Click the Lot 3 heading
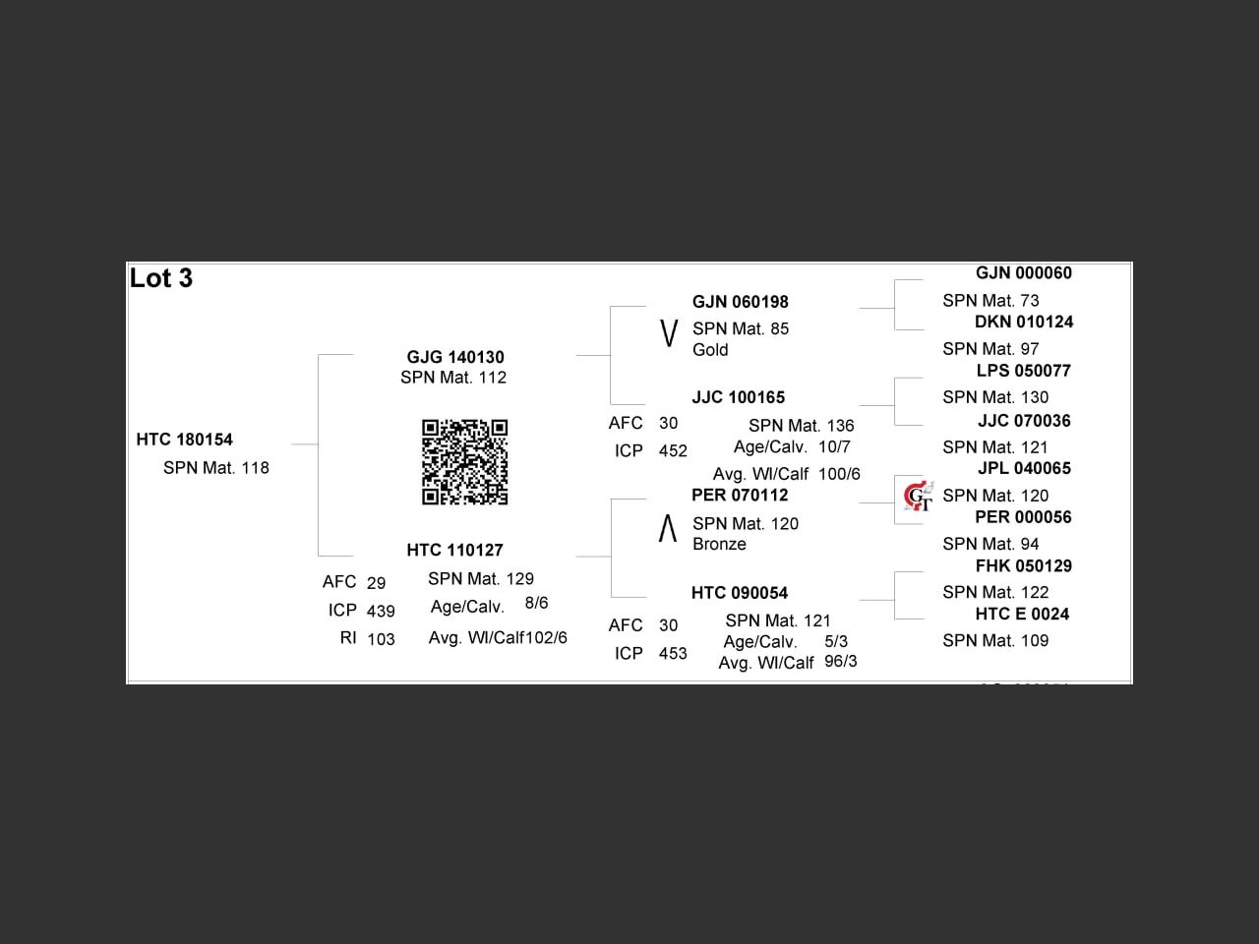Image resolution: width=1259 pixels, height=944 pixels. pos(161,278)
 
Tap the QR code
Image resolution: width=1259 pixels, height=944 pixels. pos(464,462)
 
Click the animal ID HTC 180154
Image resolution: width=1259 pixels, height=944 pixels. pos(185,440)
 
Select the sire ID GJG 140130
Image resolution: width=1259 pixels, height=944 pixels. pos(455,357)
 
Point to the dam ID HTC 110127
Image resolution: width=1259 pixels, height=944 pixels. pos(454,550)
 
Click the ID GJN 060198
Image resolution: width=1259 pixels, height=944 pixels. pos(740,302)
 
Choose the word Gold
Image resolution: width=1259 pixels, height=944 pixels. pos(710,350)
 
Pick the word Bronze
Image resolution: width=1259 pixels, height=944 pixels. pos(719,545)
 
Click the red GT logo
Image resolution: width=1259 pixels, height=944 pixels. pos(918,496)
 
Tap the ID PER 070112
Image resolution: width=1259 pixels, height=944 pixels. pos(740,495)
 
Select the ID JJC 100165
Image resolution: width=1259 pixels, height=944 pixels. pos(738,397)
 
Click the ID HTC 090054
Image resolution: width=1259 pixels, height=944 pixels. pos(739,593)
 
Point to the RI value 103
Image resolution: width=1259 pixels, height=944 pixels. pos(381,639)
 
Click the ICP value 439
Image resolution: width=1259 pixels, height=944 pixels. pos(381,611)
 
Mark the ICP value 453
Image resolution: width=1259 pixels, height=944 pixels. pos(673,654)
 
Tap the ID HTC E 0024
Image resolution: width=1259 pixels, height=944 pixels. pos(1022,614)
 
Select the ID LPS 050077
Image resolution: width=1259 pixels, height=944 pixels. pos(1023,371)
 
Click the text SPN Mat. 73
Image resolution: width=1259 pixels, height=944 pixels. pos(990,301)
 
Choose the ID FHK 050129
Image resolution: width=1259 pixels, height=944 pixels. pos(1023,565)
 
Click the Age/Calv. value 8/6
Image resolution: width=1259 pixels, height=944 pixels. pos(536,603)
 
